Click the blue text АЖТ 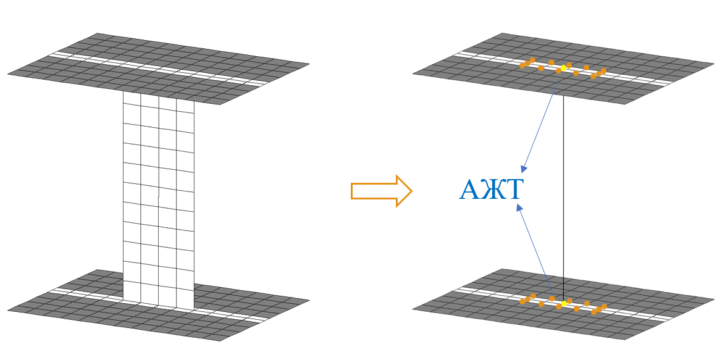pos(491,190)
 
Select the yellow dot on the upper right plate pos(563,67)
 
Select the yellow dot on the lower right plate pos(564,303)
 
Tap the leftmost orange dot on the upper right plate pos(522,65)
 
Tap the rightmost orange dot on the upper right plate pos(603,70)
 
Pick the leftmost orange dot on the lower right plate pos(522,302)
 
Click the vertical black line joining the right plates pos(563,185)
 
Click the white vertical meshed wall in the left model pos(159,198)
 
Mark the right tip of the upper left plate pos(308,64)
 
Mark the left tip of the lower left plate pos(9,309)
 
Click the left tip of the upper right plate pos(413,75)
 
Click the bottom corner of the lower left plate pos(223,340)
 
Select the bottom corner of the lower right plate pos(627,339)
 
